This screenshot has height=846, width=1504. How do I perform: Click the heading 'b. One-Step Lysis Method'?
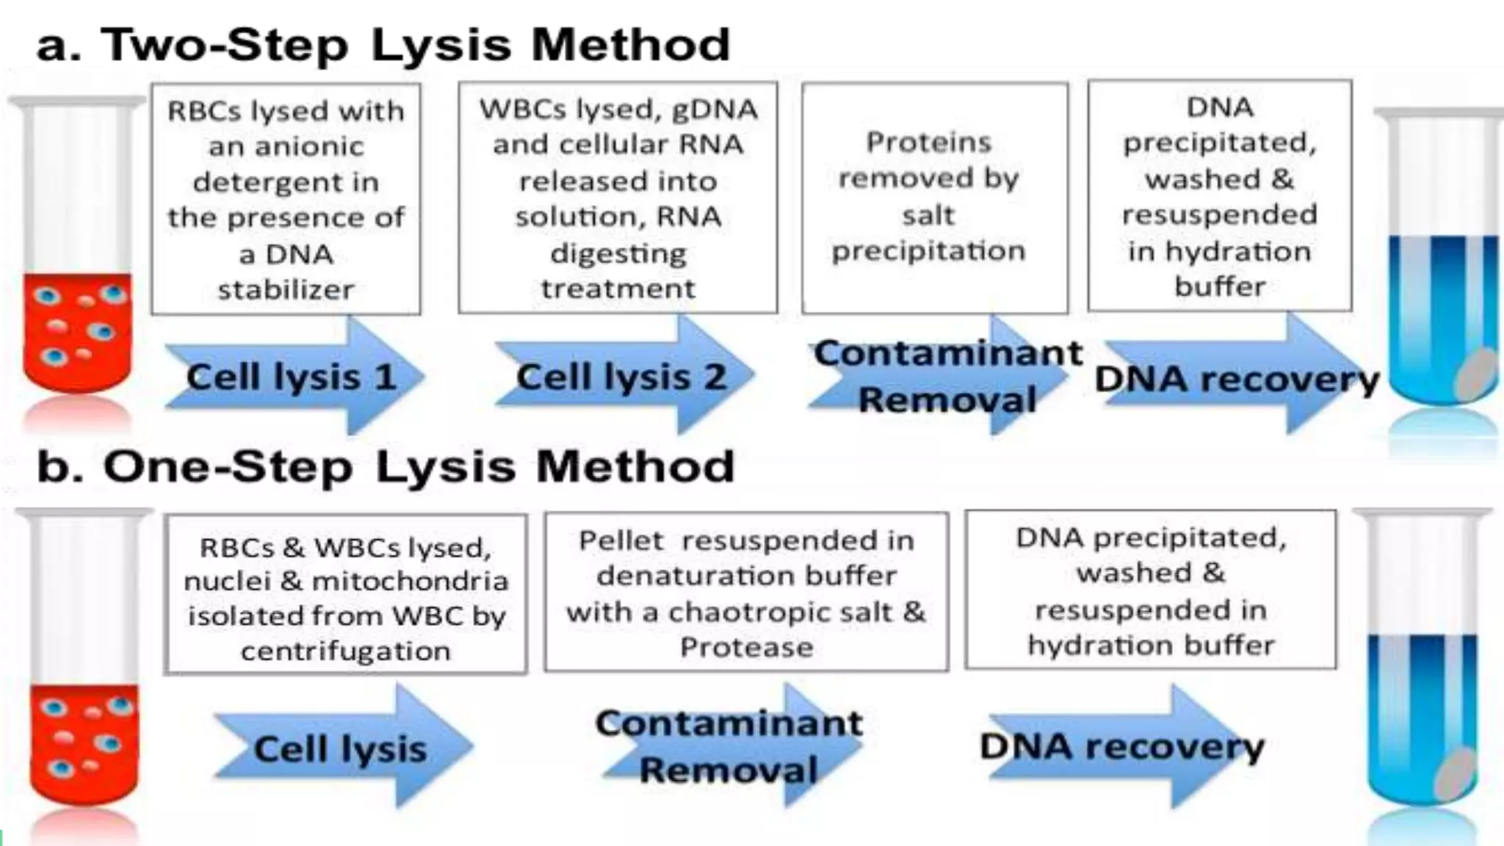386,466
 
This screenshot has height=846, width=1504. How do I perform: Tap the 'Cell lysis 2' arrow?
623,377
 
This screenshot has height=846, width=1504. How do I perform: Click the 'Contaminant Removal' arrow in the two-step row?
947,377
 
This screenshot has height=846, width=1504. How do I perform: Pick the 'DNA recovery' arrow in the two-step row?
1237,379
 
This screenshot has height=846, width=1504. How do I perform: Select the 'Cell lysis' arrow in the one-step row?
341,748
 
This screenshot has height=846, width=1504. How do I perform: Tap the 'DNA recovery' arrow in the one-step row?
1122,747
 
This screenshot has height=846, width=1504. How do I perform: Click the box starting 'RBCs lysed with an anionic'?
286,198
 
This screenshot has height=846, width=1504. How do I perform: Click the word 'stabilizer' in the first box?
286,289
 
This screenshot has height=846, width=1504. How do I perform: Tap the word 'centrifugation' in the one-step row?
345,651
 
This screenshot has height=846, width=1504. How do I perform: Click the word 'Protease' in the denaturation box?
746,647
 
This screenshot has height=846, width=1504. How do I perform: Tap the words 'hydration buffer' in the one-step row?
1151,645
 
